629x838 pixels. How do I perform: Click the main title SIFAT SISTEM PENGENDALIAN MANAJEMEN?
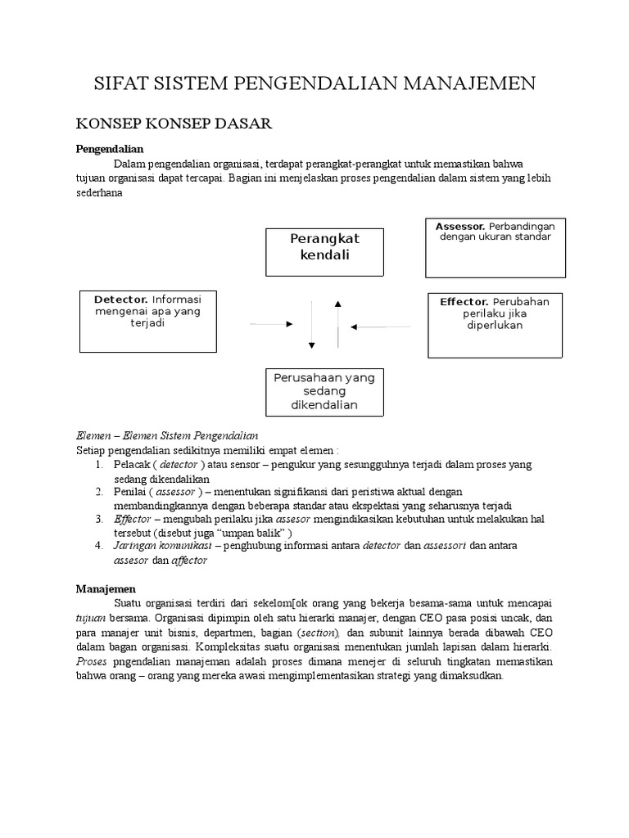coord(314,83)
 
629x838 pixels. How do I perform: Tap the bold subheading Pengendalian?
coord(110,149)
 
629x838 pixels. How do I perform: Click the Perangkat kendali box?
coord(325,252)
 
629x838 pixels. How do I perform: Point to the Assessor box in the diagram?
coord(494,247)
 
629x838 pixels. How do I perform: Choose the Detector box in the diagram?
coord(147,320)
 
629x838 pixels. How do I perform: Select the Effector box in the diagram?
coord(495,325)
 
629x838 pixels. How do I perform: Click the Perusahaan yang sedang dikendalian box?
coord(325,392)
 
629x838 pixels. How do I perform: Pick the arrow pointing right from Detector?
coord(271,325)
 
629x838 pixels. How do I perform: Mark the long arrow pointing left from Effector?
coord(380,327)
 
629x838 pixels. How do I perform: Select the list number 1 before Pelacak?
coord(97,465)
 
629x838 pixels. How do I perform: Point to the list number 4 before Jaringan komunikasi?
coord(97,545)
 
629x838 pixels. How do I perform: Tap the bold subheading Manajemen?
coord(106,588)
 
